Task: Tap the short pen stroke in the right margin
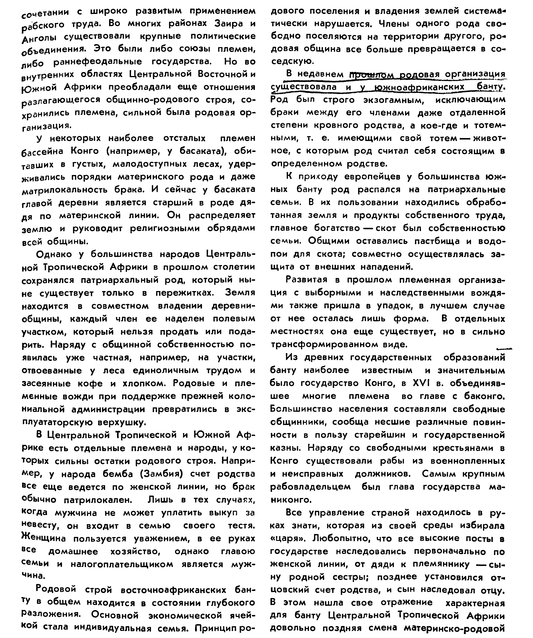coord(504,349)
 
